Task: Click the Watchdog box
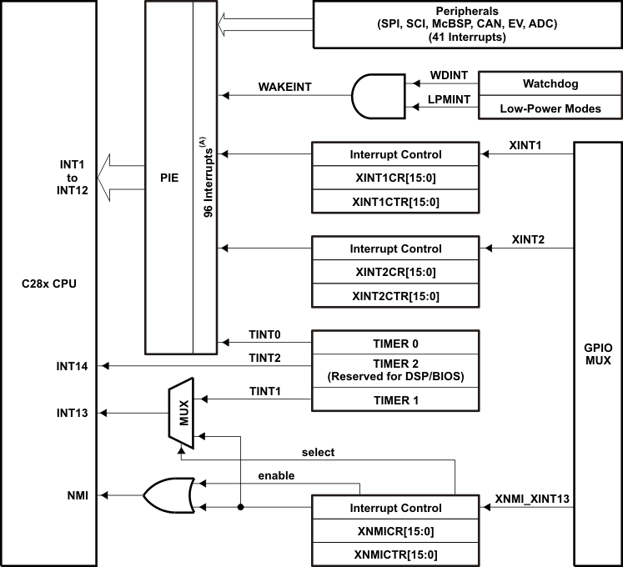(550, 84)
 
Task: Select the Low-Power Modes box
(550, 108)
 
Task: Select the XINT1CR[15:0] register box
(395, 178)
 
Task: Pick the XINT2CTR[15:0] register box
(395, 296)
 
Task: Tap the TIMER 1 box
(395, 400)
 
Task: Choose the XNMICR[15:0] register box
(395, 530)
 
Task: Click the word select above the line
(318, 452)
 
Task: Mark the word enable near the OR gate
(276, 475)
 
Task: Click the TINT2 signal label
(265, 358)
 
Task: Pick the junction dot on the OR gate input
(240, 507)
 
